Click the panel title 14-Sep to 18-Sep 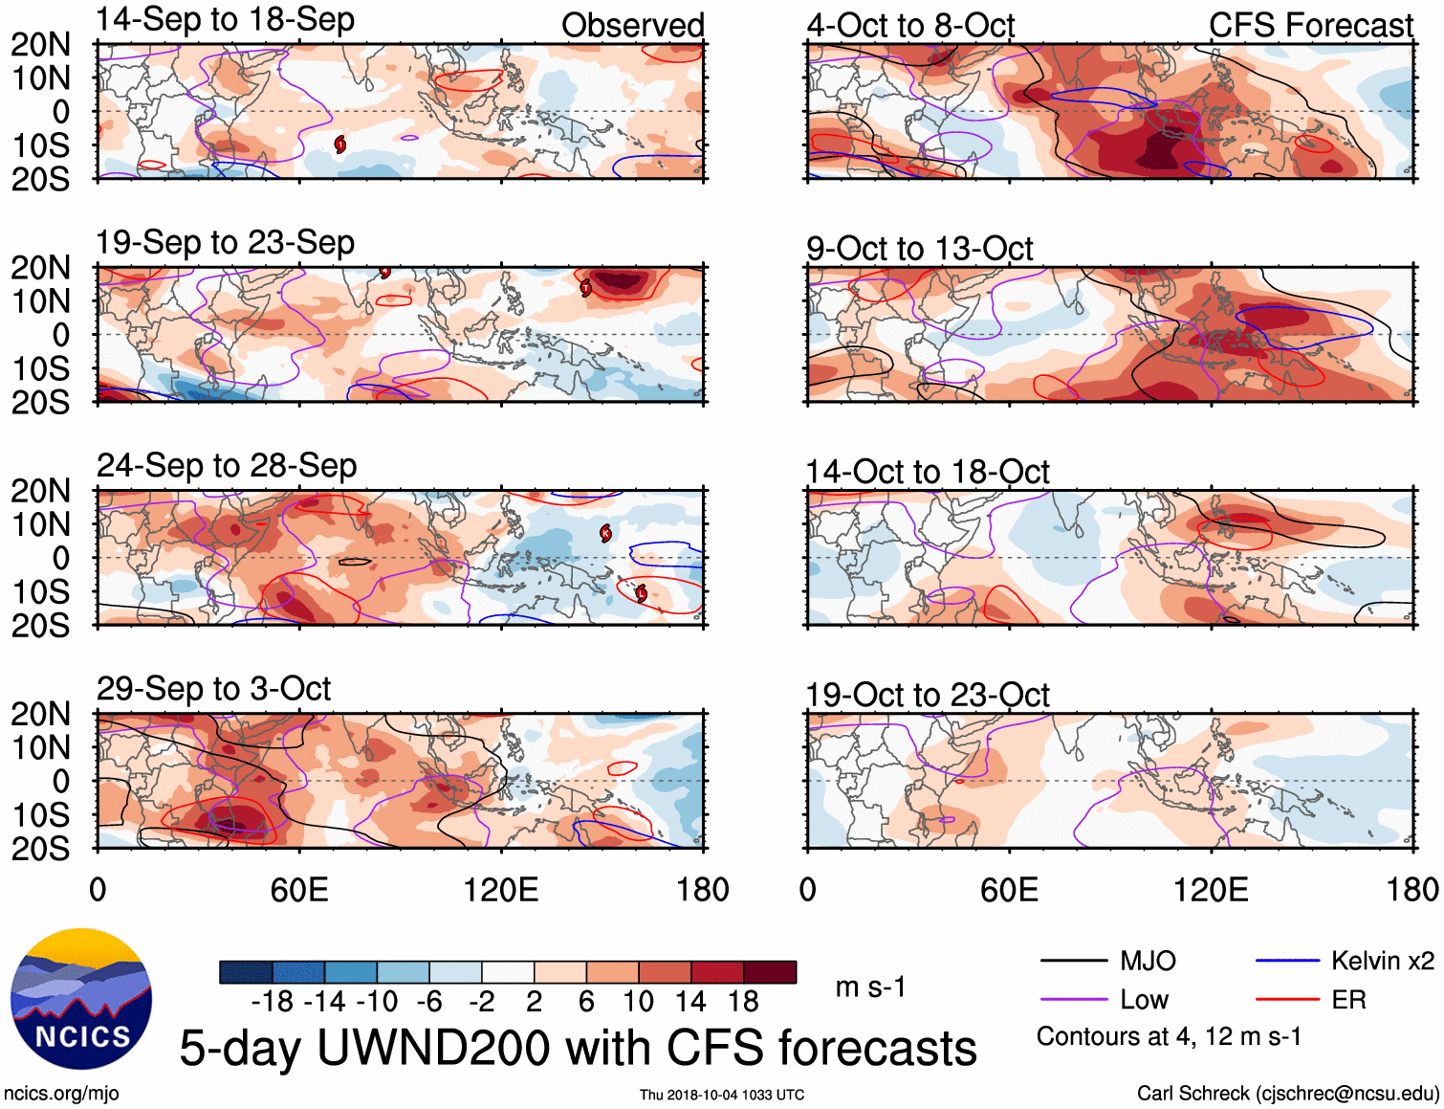tap(226, 19)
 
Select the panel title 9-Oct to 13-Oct tap(919, 249)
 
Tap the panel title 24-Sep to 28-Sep tap(227, 465)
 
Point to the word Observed tap(632, 25)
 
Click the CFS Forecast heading tap(1310, 25)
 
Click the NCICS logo tap(81, 998)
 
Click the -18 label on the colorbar tap(272, 1002)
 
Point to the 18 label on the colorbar tap(743, 1002)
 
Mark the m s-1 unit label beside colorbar tap(870, 987)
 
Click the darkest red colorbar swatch tap(770, 972)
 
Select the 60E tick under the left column tap(299, 890)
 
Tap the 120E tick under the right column tap(1211, 890)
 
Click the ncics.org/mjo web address tap(61, 1093)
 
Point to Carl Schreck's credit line tap(1287, 1093)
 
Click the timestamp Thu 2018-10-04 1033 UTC tap(722, 1095)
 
